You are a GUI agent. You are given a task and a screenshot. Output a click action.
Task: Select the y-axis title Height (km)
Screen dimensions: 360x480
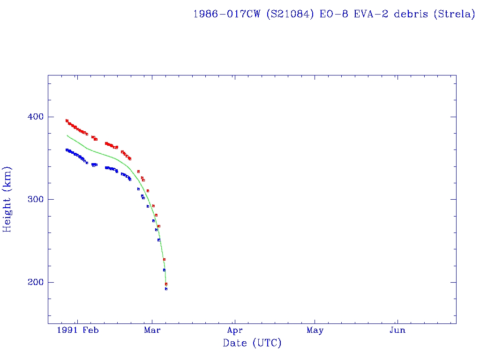(x=7, y=199)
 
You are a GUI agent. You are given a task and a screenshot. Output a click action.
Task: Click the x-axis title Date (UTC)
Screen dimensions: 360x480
(x=252, y=343)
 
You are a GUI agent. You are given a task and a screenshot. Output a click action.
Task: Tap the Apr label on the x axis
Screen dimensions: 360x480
(x=235, y=330)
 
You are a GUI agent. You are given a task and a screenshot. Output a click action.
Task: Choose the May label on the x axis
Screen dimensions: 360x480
(x=315, y=330)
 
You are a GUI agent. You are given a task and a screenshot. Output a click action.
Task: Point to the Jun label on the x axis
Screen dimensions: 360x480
(x=397, y=330)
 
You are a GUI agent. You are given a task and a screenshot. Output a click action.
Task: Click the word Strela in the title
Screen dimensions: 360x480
(x=453, y=14)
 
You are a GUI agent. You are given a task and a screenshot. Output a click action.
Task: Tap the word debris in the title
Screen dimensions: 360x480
(x=411, y=14)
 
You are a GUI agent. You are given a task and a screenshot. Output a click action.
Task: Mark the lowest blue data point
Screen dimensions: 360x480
(x=166, y=289)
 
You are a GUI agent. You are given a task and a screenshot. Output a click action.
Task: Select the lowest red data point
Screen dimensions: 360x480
(x=166, y=284)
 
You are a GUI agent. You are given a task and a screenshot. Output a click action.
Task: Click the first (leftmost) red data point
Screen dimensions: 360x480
(x=67, y=120)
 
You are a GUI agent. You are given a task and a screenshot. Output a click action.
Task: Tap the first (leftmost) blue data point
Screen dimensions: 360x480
(x=67, y=150)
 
